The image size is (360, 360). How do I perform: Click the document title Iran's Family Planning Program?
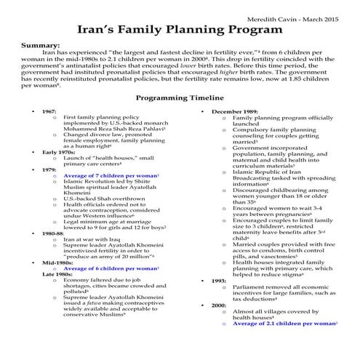point(180,31)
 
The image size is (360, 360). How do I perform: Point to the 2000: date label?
point(217,307)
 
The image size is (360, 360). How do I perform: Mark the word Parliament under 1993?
point(250,288)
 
